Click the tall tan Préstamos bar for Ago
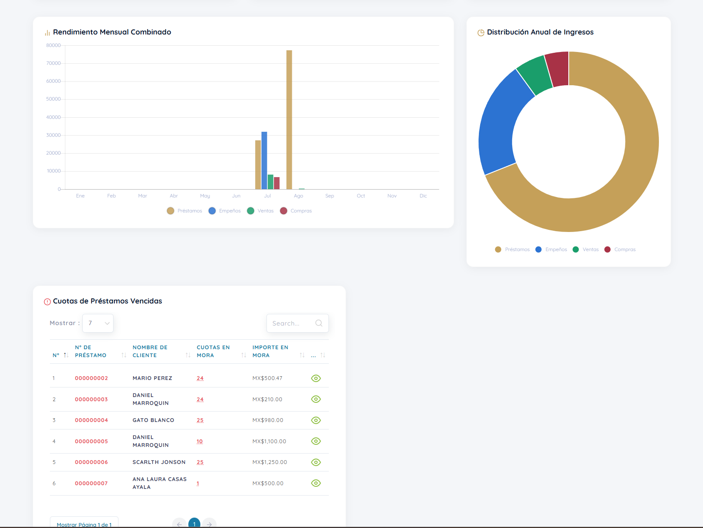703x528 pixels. pyautogui.click(x=289, y=120)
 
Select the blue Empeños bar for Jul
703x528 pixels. pyautogui.click(x=264, y=160)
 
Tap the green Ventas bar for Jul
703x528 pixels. pyautogui.click(x=270, y=182)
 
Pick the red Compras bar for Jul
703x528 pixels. pyautogui.click(x=276, y=183)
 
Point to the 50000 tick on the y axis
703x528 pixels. pyautogui.click(x=54, y=99)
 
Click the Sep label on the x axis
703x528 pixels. pyautogui.click(x=330, y=196)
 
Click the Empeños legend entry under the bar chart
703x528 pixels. pyautogui.click(x=224, y=211)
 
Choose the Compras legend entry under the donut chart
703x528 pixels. pyautogui.click(x=620, y=249)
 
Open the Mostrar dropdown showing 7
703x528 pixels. pyautogui.click(x=98, y=323)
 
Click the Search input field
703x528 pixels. pyautogui.click(x=298, y=323)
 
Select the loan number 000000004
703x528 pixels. pyautogui.click(x=91, y=420)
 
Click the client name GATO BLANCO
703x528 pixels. pyautogui.click(x=153, y=420)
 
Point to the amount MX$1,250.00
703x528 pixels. pyautogui.click(x=270, y=462)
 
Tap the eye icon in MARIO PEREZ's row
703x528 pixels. pyautogui.click(x=316, y=378)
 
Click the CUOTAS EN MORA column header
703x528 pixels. pyautogui.click(x=213, y=351)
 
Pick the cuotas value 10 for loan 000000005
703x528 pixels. pyautogui.click(x=200, y=442)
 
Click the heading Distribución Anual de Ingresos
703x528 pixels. pyautogui.click(x=540, y=32)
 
